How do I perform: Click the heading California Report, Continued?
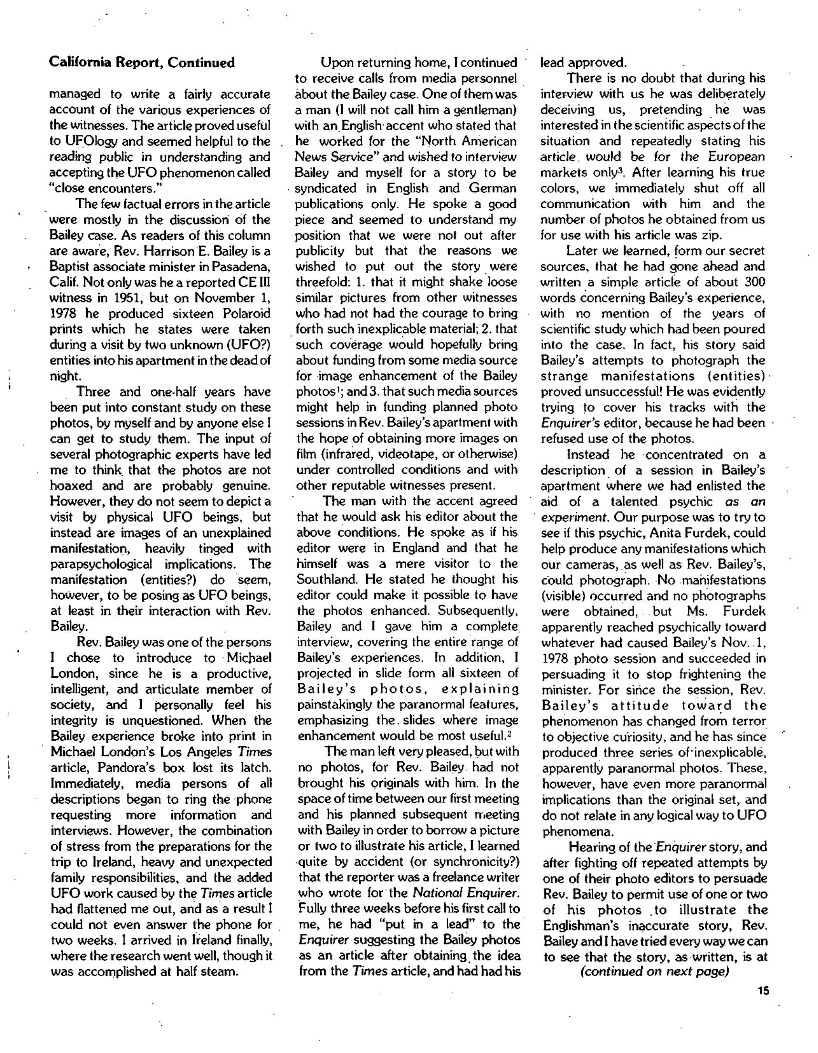pyautogui.click(x=142, y=62)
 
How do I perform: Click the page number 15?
pyautogui.click(x=763, y=992)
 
